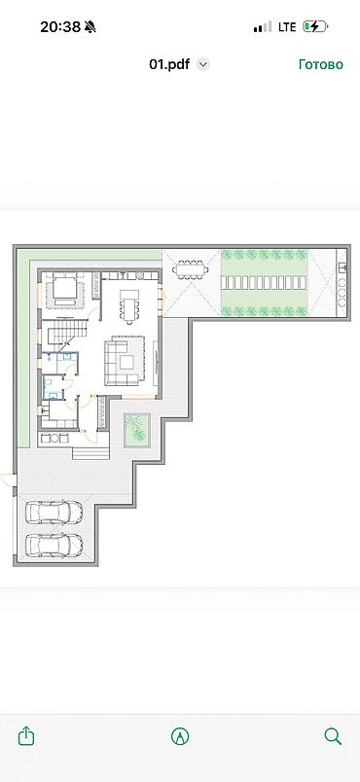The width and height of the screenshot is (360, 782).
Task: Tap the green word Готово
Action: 321,64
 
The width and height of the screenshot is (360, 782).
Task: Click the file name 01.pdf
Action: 169,64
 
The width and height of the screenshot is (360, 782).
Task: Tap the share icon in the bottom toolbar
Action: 26,736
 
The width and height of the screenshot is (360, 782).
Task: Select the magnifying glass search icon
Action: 333,736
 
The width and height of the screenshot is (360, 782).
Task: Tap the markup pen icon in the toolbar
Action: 180,736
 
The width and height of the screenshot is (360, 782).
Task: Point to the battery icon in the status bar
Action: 315,26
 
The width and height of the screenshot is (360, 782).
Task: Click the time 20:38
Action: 59,27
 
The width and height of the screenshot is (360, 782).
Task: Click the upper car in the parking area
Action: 54,513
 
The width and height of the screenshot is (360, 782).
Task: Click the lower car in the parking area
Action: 54,545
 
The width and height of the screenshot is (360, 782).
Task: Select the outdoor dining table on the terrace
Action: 191,269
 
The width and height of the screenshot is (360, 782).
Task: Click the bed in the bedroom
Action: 65,290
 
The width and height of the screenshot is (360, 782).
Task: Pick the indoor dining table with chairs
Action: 128,305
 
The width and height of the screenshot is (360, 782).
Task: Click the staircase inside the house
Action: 64,334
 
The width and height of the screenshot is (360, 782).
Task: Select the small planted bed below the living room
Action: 137,429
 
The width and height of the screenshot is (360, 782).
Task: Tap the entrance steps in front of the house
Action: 90,452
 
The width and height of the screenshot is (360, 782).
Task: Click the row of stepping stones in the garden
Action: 264,283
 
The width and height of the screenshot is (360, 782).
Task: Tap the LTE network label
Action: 287,27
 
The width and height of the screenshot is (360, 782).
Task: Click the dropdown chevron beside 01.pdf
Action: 203,64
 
